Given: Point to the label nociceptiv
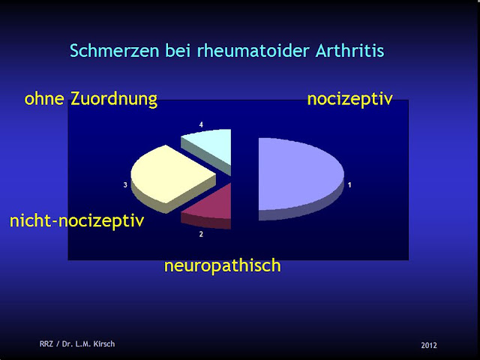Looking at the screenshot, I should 350,99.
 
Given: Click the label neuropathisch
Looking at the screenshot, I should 222,265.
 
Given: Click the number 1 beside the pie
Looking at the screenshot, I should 349,184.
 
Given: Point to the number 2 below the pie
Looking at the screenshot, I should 201,234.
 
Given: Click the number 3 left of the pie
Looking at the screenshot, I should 124,184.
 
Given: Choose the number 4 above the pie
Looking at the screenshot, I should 201,124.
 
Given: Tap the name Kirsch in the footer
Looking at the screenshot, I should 103,344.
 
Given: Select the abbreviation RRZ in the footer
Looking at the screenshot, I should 47,344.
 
